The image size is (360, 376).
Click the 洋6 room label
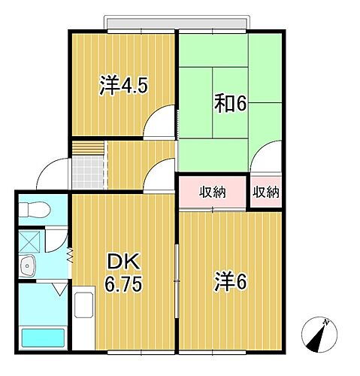click(231, 284)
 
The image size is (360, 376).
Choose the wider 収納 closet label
click(213, 192)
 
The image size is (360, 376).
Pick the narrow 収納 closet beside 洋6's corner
click(265, 192)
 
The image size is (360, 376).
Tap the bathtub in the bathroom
click(43, 339)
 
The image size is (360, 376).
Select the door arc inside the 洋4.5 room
click(160, 122)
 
